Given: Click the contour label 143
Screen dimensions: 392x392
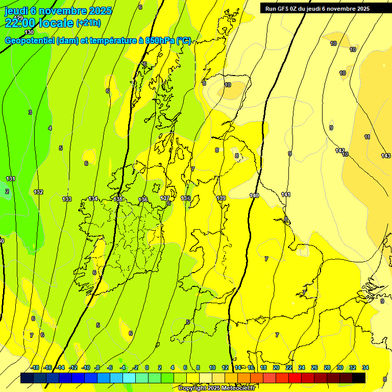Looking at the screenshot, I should (x=386, y=156).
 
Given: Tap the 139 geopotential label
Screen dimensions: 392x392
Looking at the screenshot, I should (x=221, y=198).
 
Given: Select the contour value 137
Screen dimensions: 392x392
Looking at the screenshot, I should (x=165, y=198).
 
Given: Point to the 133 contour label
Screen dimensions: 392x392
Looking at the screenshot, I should (x=67, y=199).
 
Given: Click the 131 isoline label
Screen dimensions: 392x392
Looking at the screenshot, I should (x=11, y=179).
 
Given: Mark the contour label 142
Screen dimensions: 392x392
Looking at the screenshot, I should (x=340, y=151).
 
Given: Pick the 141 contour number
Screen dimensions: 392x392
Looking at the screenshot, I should (x=286, y=194).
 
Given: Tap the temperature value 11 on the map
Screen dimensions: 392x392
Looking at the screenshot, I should (x=367, y=137).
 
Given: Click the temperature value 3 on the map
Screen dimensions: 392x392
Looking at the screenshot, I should (x=30, y=112).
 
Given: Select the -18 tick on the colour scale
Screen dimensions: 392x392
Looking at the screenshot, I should (x=35, y=367).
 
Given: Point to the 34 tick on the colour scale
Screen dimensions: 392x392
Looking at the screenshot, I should (x=365, y=367).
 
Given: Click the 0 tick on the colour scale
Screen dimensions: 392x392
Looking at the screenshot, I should (x=147, y=367).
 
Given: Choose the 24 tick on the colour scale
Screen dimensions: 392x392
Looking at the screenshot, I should (x=302, y=367).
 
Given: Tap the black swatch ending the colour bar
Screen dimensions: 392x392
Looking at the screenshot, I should (x=359, y=378).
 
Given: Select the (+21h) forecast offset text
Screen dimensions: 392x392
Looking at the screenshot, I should (x=88, y=23).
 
